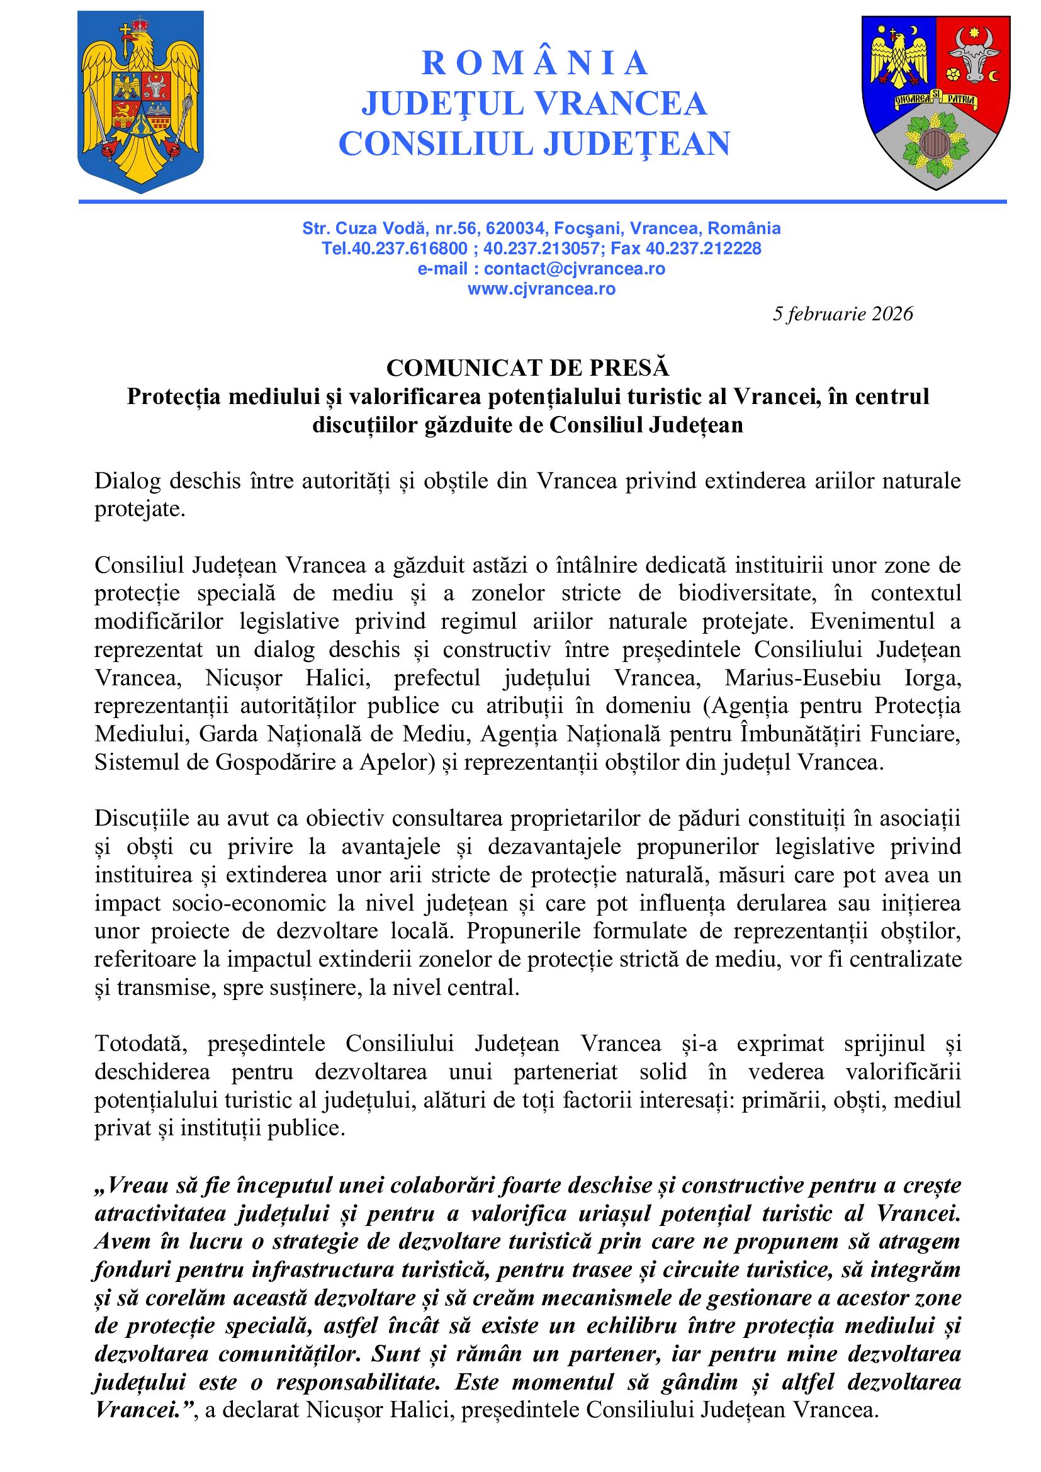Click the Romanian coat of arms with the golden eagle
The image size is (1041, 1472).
140,101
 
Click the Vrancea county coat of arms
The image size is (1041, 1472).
935,101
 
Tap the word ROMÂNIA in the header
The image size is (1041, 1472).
534,63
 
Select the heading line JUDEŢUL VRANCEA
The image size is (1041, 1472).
534,104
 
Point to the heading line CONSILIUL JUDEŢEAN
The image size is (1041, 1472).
534,143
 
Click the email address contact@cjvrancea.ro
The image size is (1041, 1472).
575,269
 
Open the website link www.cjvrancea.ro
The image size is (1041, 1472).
542,289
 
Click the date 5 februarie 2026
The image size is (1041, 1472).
842,313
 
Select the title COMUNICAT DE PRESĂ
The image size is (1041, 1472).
527,368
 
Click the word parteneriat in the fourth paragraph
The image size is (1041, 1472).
566,1072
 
